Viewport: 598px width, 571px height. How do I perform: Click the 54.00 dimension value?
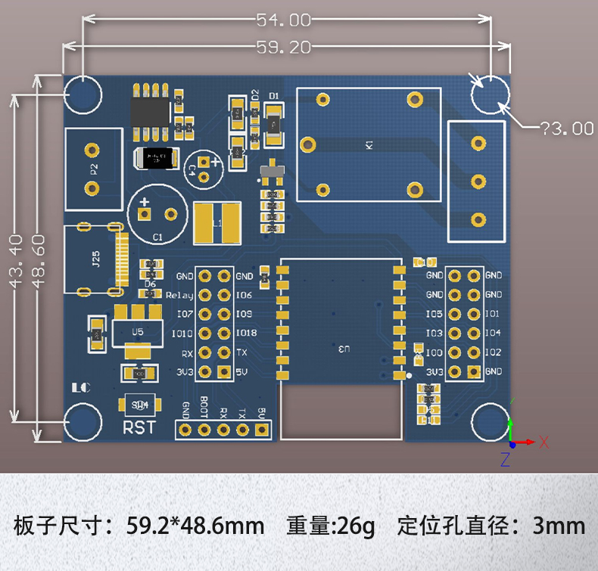(x=283, y=20)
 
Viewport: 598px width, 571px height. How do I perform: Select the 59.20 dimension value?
(x=283, y=48)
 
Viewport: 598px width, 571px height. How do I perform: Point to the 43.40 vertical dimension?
(x=15, y=261)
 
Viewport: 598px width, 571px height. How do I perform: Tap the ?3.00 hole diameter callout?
(x=565, y=129)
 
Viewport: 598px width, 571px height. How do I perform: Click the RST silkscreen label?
(x=139, y=427)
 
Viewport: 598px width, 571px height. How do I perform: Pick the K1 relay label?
(x=369, y=144)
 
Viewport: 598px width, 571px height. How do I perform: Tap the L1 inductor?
(x=217, y=224)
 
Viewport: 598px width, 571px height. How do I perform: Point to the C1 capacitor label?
(x=157, y=238)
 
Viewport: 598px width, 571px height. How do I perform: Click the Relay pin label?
(x=179, y=296)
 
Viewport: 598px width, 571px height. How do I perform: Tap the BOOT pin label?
(x=204, y=408)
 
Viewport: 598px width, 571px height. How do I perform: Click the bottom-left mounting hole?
(x=83, y=422)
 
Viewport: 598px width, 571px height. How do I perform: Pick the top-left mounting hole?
(x=83, y=94)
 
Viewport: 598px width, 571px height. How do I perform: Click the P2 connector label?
(x=94, y=169)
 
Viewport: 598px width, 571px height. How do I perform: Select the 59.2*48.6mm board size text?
(x=195, y=525)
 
